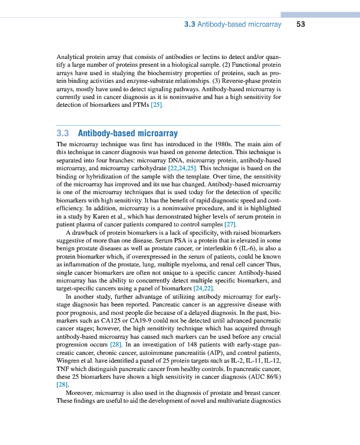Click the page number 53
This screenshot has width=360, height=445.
pos(300,24)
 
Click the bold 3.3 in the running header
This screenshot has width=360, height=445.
pos(189,24)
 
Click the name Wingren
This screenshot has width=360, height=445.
pos(69,360)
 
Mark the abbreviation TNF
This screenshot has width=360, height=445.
pos(64,368)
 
